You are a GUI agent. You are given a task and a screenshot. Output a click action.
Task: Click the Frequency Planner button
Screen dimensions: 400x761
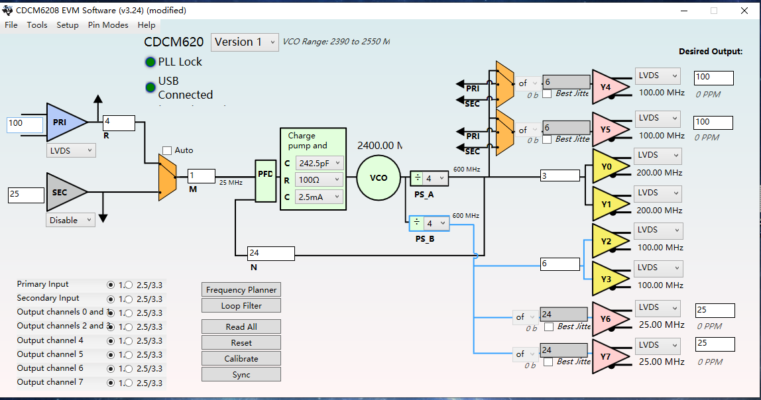pos(241,289)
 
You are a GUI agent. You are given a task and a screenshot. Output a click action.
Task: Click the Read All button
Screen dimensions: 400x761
pos(241,326)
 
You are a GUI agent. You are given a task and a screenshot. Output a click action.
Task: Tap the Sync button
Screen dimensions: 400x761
pos(241,374)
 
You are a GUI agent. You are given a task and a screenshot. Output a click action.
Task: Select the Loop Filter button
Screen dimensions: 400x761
pos(241,305)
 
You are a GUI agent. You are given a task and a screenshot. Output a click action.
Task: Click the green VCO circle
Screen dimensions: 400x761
pos(378,177)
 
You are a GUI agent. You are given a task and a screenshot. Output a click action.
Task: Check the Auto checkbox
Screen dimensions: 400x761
pos(167,150)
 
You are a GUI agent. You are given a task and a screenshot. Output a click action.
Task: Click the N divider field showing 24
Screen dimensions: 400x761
pos(270,253)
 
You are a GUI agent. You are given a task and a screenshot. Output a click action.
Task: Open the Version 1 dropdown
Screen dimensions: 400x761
pos(245,42)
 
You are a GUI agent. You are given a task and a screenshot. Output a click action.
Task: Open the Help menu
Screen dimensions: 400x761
pos(146,25)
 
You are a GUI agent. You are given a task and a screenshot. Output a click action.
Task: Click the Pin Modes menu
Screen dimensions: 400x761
pos(108,25)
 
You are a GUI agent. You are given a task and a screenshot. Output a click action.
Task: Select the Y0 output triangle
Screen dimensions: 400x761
pos(605,168)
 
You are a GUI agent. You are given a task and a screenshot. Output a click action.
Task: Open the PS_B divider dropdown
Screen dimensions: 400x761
pos(430,223)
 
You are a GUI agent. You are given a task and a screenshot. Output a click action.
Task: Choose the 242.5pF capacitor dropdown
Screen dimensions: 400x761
pos(320,163)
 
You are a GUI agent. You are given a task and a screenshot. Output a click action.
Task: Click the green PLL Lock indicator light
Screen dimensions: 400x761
pos(150,62)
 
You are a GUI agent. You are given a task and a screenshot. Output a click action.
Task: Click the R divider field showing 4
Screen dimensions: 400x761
pos(119,123)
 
